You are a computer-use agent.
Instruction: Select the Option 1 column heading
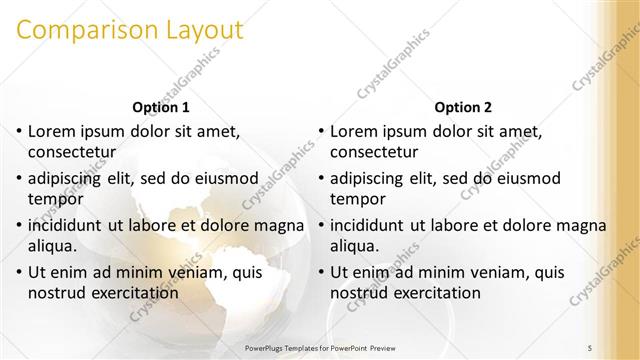point(161,107)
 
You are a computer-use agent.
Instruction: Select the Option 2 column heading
point(463,107)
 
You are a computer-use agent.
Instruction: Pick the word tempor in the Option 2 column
point(354,199)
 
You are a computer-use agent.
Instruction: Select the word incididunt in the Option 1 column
point(67,225)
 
